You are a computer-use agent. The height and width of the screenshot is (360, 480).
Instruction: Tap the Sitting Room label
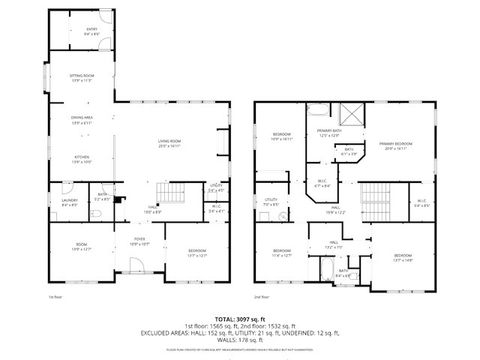pyautogui.click(x=81, y=78)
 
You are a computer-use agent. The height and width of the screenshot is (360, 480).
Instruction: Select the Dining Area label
pyautogui.click(x=81, y=121)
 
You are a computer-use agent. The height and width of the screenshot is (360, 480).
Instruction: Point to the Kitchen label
pyautogui.click(x=81, y=159)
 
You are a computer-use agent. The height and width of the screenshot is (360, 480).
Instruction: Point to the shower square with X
pyautogui.click(x=352, y=114)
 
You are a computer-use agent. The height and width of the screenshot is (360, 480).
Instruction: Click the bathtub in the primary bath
pyautogui.click(x=318, y=112)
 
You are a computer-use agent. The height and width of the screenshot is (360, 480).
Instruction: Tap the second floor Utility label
pyautogui.click(x=270, y=201)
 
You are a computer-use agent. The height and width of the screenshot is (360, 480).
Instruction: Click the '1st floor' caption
pyautogui.click(x=56, y=297)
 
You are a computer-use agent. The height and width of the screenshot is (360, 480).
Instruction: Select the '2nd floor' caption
pyautogui.click(x=263, y=297)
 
